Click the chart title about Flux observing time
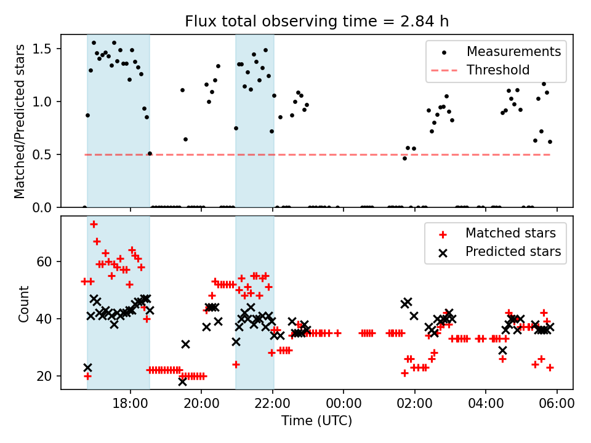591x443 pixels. coord(317,22)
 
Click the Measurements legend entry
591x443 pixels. coord(513,51)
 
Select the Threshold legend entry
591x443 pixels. coord(498,70)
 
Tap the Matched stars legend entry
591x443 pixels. coord(510,233)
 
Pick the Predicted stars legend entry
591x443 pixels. coord(513,252)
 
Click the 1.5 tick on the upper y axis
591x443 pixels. coord(47,49)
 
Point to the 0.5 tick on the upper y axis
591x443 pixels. coord(47,154)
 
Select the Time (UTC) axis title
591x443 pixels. coord(317,421)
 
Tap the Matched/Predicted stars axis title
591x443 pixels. coord(20,121)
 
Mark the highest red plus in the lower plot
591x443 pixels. coord(94,225)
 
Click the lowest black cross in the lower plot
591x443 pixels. coord(182,381)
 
